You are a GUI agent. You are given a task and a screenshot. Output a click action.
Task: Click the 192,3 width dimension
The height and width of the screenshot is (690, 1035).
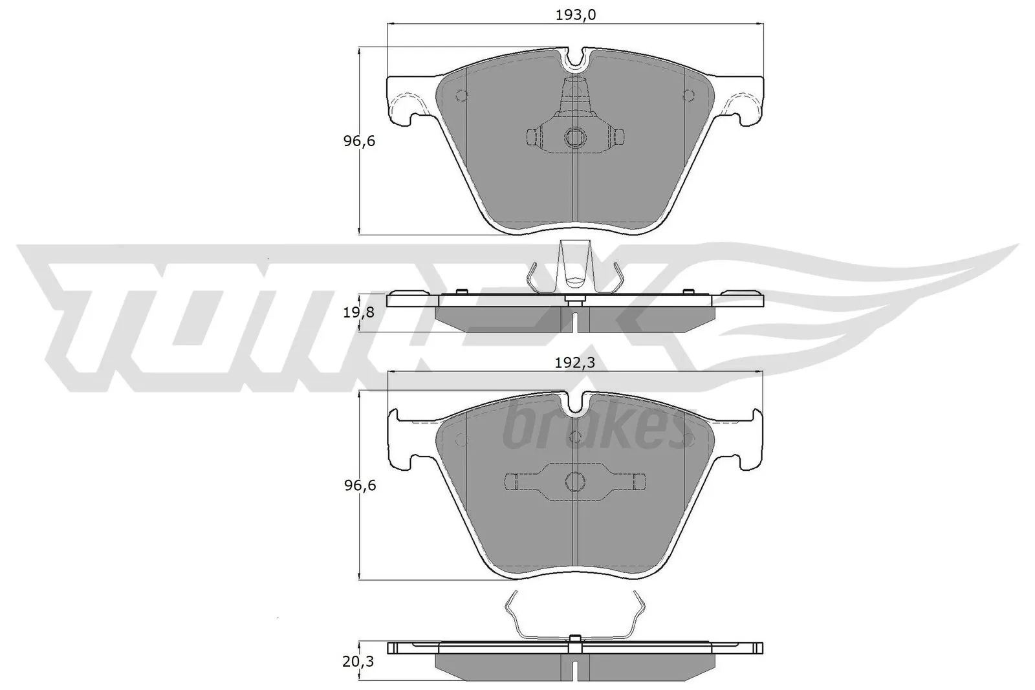[x=575, y=362]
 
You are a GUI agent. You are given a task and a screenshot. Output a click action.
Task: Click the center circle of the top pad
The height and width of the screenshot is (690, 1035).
[x=574, y=137]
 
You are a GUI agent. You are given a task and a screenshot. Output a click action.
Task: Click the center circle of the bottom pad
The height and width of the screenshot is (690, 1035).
[x=574, y=480]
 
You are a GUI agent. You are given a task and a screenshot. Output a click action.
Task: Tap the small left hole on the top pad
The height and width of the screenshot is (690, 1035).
[x=461, y=95]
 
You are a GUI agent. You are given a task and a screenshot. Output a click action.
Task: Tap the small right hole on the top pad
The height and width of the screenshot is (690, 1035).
[x=688, y=95]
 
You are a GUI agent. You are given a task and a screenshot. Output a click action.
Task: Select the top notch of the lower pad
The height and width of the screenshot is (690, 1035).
[x=574, y=404]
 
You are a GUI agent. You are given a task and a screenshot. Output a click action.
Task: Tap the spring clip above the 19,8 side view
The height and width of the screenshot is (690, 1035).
[x=575, y=268]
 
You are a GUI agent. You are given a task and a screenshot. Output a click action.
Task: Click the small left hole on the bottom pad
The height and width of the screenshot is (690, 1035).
[x=461, y=440]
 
